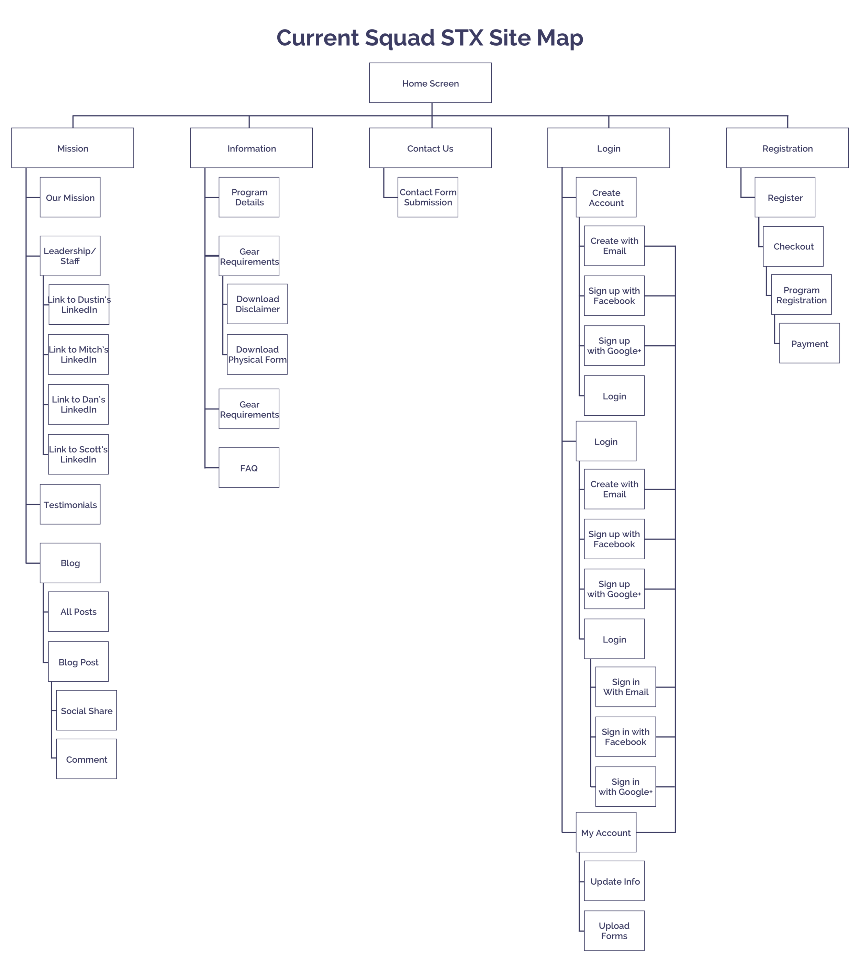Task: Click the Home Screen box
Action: pos(430,83)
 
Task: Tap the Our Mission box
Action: pos(70,198)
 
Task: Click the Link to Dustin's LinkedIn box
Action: pos(79,304)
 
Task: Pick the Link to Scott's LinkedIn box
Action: pos(78,454)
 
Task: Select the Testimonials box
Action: pos(70,504)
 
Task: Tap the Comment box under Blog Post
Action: pos(86,759)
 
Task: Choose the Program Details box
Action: pos(249,197)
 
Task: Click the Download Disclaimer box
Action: pos(257,304)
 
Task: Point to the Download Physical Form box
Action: pos(257,355)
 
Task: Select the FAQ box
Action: pos(249,468)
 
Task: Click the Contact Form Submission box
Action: pos(428,197)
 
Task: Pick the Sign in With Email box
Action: pos(625,687)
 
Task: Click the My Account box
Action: pos(606,832)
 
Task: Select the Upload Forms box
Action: pos(614,931)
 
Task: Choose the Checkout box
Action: pos(793,246)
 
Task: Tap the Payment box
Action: pos(810,344)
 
